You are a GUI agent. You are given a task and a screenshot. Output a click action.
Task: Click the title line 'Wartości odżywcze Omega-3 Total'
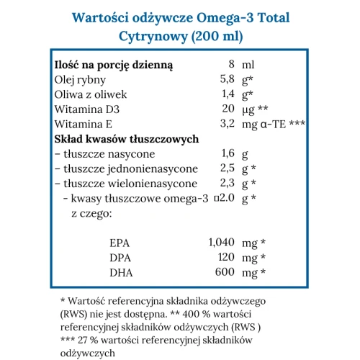pyautogui.click(x=180, y=16)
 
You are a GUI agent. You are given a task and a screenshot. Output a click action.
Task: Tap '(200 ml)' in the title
pyautogui.click(x=215, y=35)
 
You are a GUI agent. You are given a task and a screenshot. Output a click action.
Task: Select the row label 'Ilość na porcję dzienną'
pyautogui.click(x=114, y=63)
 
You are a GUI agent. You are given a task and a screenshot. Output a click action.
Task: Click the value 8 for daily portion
pyautogui.click(x=231, y=63)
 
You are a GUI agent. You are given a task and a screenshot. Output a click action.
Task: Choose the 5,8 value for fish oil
pyautogui.click(x=228, y=78)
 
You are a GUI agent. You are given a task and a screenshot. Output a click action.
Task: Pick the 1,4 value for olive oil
pyautogui.click(x=228, y=94)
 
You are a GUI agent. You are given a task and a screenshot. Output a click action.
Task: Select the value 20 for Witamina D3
pyautogui.click(x=228, y=109)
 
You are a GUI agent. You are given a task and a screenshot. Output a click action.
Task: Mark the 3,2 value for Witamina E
pyautogui.click(x=228, y=124)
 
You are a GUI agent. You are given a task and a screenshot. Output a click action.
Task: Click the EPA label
pyautogui.click(x=117, y=243)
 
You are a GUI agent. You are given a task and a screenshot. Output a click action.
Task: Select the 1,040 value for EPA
pyautogui.click(x=221, y=243)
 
